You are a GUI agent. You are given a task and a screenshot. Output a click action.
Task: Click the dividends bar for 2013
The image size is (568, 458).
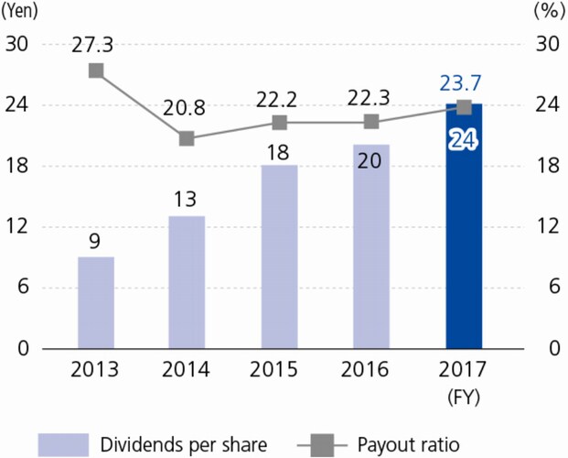tap(95, 302)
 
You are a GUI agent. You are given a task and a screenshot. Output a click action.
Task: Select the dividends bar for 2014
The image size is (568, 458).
tap(187, 282)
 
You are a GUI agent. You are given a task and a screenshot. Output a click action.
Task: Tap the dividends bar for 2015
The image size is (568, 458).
tap(279, 256)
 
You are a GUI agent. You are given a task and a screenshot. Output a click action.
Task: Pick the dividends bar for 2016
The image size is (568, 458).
tap(371, 246)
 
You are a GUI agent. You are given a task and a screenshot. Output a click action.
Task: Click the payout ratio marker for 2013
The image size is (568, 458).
tap(95, 71)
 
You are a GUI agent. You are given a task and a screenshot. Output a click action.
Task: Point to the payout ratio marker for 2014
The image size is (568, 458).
tap(187, 138)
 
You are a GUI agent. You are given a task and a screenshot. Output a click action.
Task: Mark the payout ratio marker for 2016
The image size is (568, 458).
tap(371, 122)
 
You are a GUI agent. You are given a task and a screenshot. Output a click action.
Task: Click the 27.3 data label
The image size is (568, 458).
tap(95, 43)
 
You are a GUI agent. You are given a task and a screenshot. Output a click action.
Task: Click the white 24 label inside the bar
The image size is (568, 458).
tap(463, 141)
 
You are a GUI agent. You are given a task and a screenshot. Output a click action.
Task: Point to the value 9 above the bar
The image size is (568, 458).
tap(95, 242)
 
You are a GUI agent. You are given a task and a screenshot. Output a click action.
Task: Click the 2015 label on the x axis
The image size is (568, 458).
tap(279, 371)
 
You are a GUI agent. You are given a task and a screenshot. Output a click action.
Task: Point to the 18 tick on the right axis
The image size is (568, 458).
tap(546, 166)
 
